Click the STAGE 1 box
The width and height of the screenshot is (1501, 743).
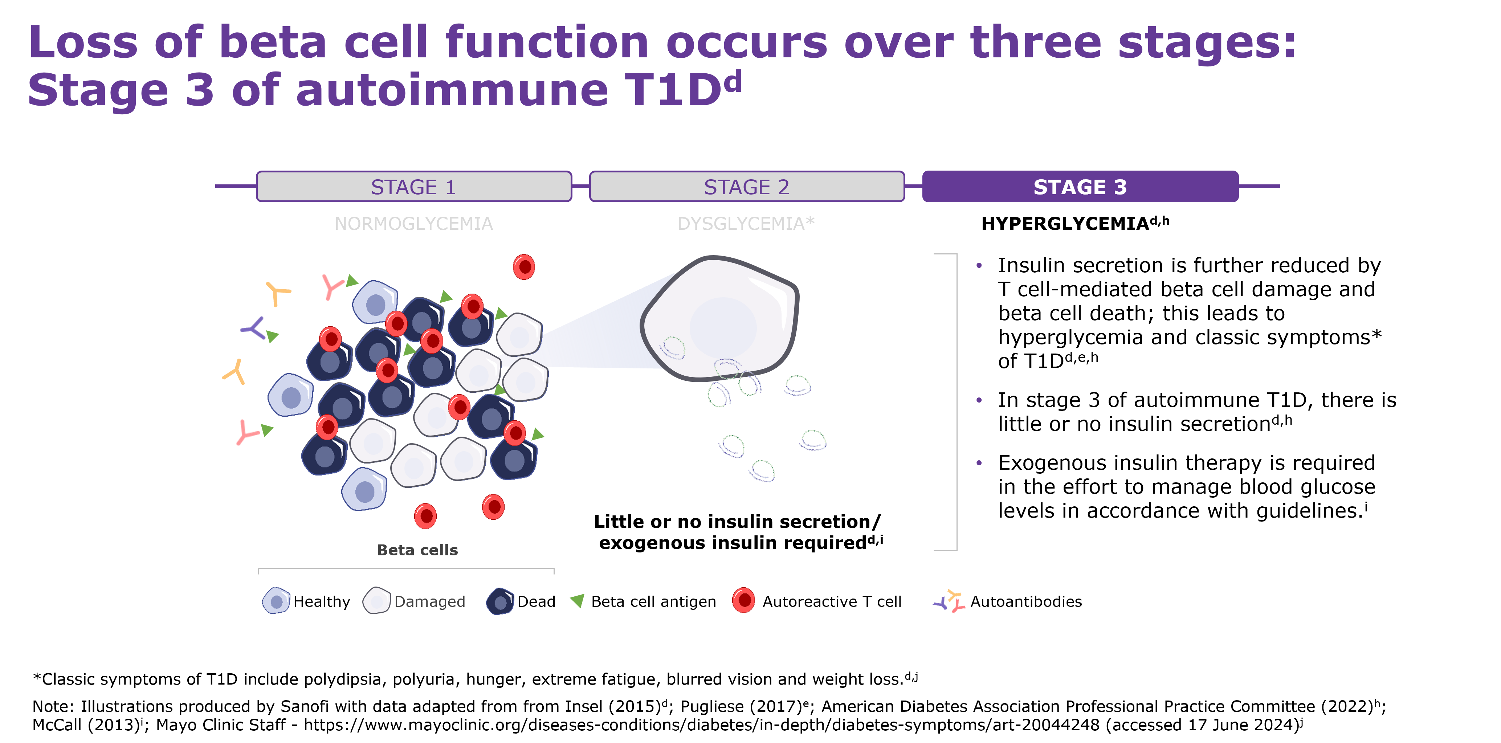[414, 187]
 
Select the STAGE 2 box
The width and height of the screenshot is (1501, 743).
[746, 187]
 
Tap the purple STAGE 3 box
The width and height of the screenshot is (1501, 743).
[1080, 187]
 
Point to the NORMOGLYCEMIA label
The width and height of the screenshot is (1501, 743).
[414, 224]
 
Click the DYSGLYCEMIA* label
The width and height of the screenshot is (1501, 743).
[746, 224]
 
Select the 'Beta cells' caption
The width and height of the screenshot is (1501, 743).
[417, 550]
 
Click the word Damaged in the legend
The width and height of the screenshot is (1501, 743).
[430, 601]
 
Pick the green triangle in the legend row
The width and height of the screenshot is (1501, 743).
[578, 600]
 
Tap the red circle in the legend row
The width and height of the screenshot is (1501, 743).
[743, 600]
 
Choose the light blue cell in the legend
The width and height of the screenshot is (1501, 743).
[276, 601]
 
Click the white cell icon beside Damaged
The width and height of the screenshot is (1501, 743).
[376, 601]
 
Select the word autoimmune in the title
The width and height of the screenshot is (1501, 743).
[452, 90]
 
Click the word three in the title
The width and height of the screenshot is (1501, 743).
[1035, 42]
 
